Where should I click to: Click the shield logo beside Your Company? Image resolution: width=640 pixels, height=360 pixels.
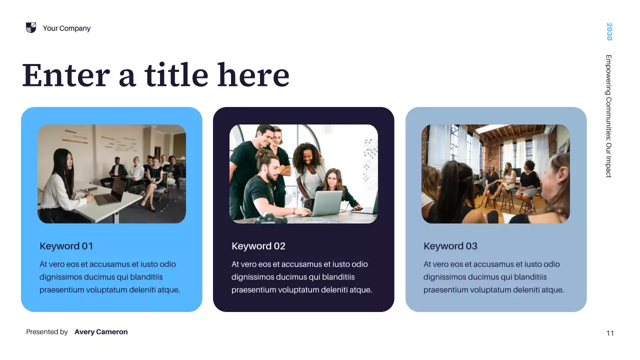coord(31,28)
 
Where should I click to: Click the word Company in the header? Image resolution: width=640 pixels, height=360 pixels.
coord(75,28)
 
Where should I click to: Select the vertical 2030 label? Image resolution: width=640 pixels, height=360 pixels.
coord(609,31)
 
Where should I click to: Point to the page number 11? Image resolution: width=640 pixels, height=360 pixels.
coord(610,333)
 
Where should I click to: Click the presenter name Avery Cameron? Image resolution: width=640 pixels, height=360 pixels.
coord(101,332)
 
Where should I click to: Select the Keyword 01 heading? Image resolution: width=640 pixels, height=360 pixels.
coord(66,246)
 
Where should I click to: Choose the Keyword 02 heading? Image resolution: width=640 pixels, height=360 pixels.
coord(258,246)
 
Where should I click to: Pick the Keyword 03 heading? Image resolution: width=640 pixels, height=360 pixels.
coord(450,246)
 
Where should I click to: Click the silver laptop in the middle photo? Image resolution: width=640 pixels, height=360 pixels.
coord(326,202)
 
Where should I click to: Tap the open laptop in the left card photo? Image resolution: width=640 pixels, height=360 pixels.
coord(113,191)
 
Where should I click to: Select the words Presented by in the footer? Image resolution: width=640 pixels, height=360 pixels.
coord(47,332)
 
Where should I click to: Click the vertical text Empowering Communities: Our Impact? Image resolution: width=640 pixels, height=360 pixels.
coord(609,116)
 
